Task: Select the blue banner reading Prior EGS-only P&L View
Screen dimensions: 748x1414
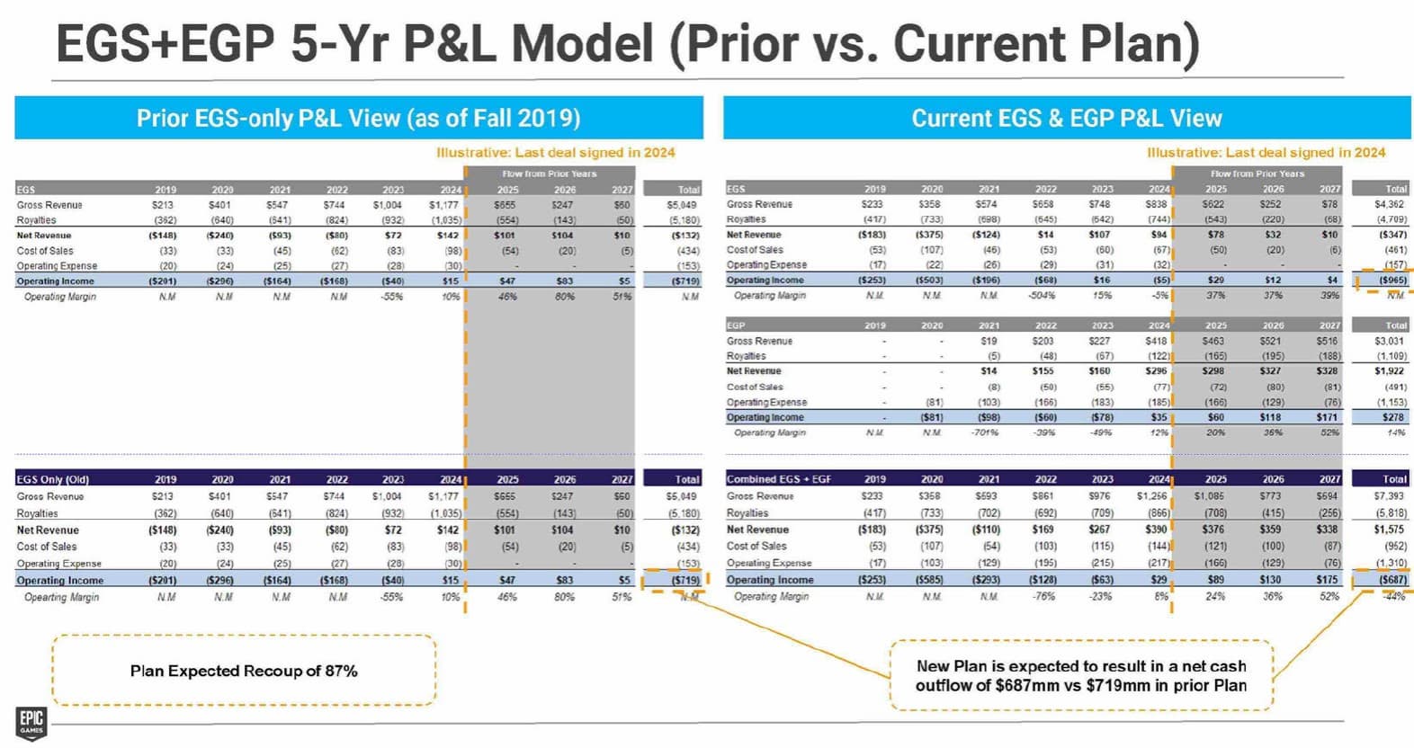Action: click(358, 118)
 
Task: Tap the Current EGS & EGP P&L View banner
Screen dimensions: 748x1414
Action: click(1066, 118)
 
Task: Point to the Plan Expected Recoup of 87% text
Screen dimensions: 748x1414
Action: click(244, 671)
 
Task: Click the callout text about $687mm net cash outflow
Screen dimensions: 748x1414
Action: click(1080, 675)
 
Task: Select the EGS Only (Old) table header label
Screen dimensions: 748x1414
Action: click(52, 479)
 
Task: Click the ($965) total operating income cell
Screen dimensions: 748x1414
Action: click(1392, 280)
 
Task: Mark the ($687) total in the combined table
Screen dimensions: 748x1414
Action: click(1392, 580)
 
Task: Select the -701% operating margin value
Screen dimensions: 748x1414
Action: click(985, 432)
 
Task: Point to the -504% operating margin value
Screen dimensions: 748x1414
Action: click(1043, 295)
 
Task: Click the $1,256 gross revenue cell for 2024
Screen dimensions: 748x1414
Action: click(1151, 496)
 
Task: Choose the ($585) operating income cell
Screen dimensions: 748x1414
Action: click(929, 580)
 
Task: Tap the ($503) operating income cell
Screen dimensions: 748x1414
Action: click(929, 280)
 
